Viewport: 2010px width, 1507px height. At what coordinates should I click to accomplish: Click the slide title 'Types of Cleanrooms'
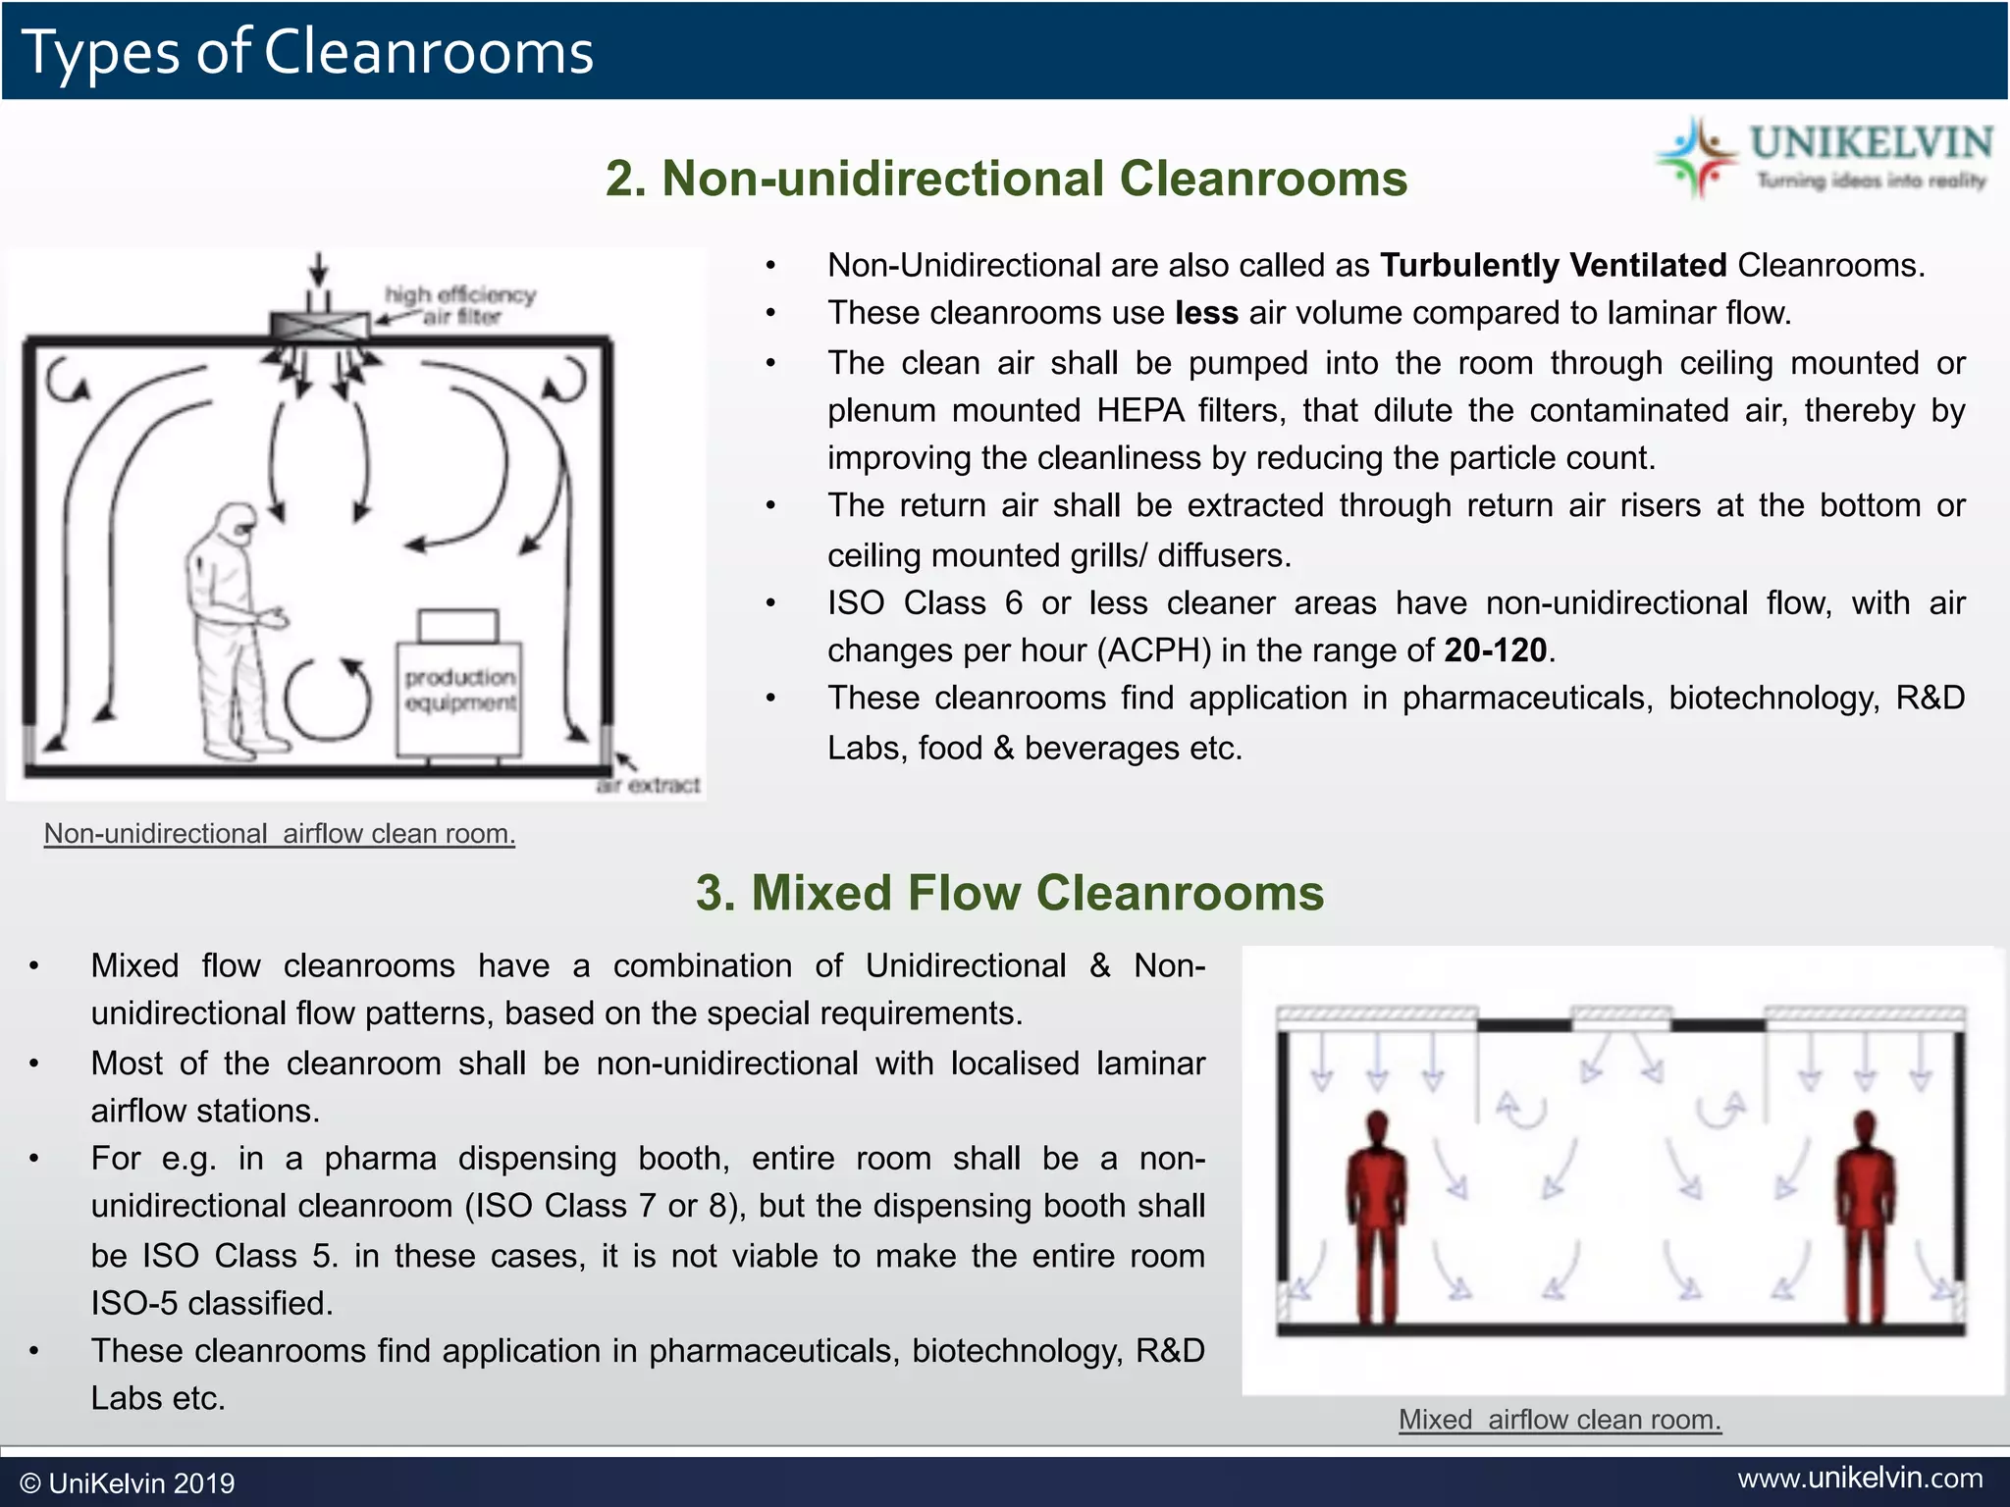[x=307, y=51]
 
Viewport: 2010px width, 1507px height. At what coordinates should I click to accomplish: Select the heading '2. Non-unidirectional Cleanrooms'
[x=1006, y=179]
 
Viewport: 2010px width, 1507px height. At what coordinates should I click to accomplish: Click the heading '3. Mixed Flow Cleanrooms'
[x=1009, y=893]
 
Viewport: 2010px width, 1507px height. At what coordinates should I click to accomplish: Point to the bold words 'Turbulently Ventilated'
[x=1553, y=265]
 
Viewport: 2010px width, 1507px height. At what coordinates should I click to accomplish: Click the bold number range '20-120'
[x=1495, y=650]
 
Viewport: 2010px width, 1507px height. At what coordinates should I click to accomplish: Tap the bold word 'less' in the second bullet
[x=1206, y=313]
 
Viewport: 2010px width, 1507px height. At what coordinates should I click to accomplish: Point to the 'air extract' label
[x=650, y=785]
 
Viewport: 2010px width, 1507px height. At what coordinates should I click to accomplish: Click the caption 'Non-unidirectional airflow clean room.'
[x=280, y=834]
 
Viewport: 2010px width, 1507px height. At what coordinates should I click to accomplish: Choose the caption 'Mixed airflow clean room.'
[x=1560, y=1420]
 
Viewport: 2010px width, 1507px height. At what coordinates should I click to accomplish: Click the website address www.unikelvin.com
[x=1860, y=1478]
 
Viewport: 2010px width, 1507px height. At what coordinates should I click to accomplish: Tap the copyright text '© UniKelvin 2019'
[x=128, y=1482]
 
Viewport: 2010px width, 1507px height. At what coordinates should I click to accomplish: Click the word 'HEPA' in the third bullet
[x=1139, y=410]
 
